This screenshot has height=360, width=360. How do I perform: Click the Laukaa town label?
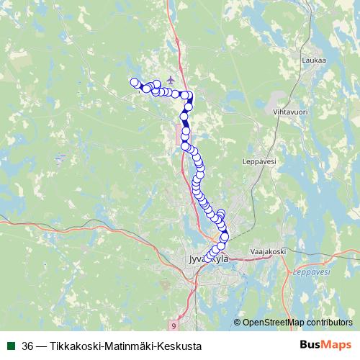(x=314, y=60)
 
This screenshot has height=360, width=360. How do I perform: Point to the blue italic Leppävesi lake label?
(x=311, y=272)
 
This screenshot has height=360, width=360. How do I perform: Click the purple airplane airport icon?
(x=170, y=79)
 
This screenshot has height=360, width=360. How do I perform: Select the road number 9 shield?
(x=174, y=325)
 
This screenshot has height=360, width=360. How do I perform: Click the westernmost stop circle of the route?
(x=133, y=82)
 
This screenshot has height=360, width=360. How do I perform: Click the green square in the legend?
(x=11, y=346)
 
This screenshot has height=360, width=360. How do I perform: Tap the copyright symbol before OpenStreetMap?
(x=237, y=322)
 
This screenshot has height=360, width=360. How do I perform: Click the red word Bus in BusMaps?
(x=310, y=346)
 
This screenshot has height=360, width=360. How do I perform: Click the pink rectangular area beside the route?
(x=177, y=133)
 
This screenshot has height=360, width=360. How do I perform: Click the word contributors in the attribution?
(x=329, y=322)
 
